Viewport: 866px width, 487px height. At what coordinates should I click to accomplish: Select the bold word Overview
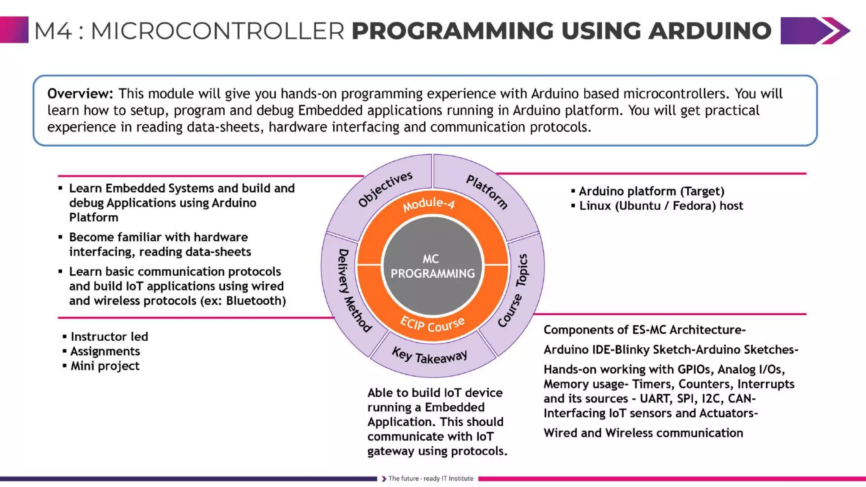pyautogui.click(x=80, y=93)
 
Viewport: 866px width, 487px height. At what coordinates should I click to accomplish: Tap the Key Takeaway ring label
pyautogui.click(x=430, y=356)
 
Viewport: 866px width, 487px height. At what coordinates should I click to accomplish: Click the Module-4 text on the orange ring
pyautogui.click(x=428, y=204)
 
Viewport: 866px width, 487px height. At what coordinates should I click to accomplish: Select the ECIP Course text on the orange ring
pyautogui.click(x=433, y=325)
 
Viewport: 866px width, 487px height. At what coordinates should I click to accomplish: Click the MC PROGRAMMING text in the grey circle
pyautogui.click(x=432, y=266)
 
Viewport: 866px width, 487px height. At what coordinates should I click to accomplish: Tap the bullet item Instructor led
pyautogui.click(x=109, y=337)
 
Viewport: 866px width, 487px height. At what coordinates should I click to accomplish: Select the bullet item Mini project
pyautogui.click(x=105, y=366)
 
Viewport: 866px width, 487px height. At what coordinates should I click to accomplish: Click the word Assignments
pyautogui.click(x=105, y=351)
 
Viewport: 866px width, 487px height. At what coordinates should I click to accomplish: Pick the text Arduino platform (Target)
pyautogui.click(x=651, y=191)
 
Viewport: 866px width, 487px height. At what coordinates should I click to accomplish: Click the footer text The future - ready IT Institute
pyautogui.click(x=430, y=479)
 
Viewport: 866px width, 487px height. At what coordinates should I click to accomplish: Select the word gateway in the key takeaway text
pyautogui.click(x=391, y=451)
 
